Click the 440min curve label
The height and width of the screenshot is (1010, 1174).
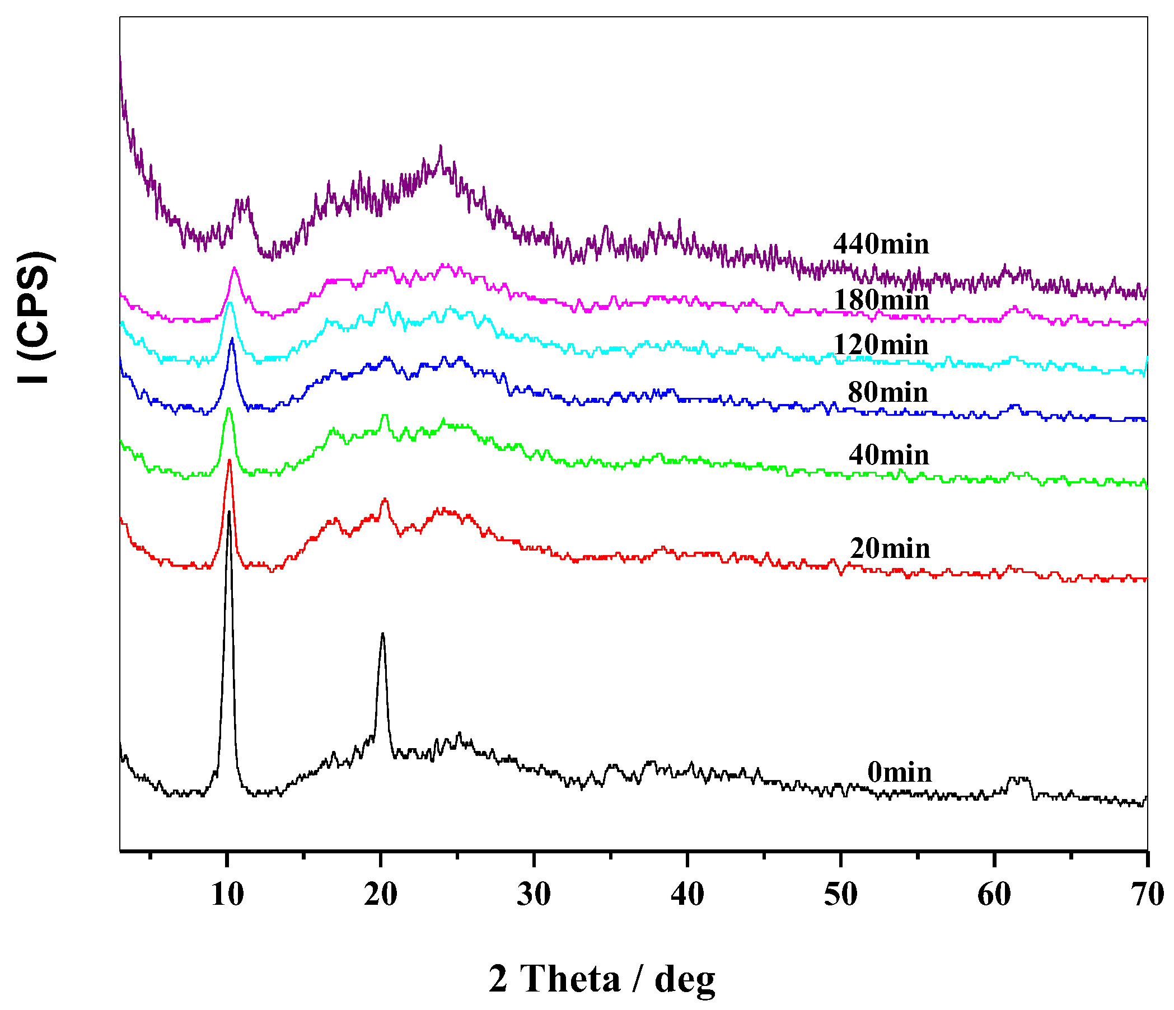point(881,244)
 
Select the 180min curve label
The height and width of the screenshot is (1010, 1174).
point(881,300)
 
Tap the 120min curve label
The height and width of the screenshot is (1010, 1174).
point(881,345)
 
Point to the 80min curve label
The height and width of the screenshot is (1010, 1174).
point(887,392)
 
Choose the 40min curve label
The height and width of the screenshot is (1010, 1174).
point(888,455)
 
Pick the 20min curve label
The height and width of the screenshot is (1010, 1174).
point(890,548)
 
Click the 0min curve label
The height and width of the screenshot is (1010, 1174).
point(899,772)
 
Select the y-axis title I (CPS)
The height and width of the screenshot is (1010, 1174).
point(36,317)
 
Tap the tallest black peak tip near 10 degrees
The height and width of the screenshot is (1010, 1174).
point(229,512)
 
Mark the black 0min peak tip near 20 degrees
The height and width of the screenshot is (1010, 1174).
point(383,634)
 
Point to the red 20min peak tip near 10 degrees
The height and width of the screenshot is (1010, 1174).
point(229,461)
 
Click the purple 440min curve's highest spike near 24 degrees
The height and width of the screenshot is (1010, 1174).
point(441,146)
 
